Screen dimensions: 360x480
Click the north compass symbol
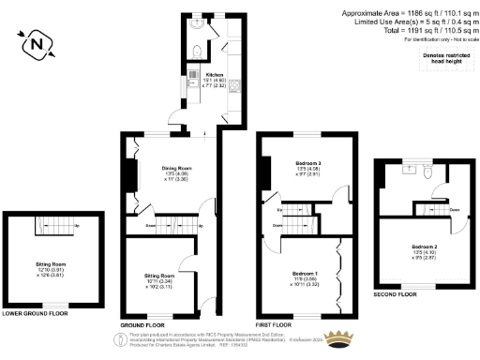coord(36,42)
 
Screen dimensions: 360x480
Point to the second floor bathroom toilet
coord(427,172)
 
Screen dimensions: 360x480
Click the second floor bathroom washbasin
coord(410,170)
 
